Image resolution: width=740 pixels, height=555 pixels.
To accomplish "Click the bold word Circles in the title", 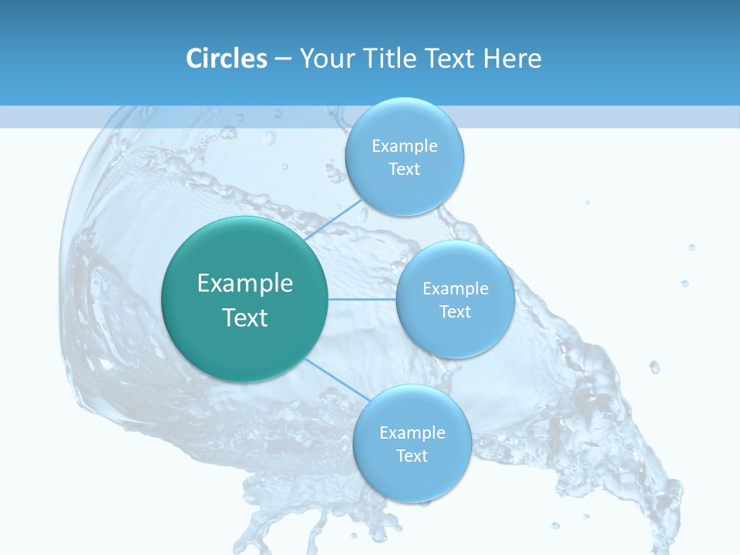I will tap(227, 59).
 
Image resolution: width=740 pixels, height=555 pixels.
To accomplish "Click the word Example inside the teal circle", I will tap(245, 284).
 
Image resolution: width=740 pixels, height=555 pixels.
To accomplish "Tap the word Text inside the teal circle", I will tap(245, 318).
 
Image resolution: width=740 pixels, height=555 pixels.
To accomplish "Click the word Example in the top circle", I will tap(405, 146).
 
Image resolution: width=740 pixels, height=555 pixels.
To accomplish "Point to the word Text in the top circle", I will tap(404, 170).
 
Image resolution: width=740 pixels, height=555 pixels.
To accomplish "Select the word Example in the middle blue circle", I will tap(456, 289).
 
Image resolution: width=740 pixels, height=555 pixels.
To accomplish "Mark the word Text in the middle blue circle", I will tap(456, 312).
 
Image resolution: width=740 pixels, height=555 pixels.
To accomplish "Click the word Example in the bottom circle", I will tap(412, 433).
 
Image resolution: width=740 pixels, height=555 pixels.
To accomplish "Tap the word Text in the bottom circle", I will tap(412, 456).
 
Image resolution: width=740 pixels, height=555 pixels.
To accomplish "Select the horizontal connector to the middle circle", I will tap(362, 299).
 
